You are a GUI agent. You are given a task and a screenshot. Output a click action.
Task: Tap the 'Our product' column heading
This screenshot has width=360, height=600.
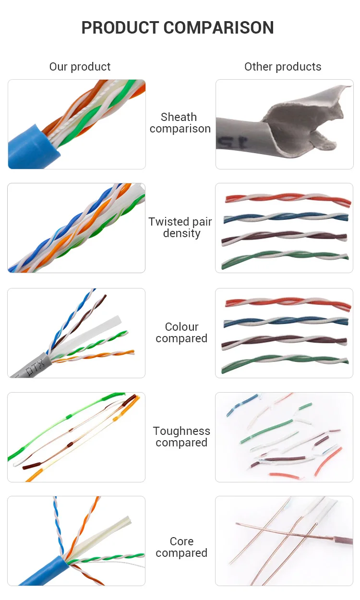[x=80, y=67]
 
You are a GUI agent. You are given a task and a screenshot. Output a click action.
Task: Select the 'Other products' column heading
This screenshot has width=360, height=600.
[x=283, y=67]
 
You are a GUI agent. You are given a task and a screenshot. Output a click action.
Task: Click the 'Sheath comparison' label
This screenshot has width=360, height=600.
[x=180, y=123]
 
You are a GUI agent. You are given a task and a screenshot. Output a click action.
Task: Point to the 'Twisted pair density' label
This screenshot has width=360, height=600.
[x=180, y=228]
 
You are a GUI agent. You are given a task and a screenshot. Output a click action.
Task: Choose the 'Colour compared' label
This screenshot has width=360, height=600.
[x=181, y=333]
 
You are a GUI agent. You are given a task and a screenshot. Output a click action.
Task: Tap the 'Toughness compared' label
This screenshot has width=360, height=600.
[x=181, y=437]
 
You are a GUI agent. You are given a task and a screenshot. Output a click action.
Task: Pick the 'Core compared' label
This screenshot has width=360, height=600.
[x=181, y=547]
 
